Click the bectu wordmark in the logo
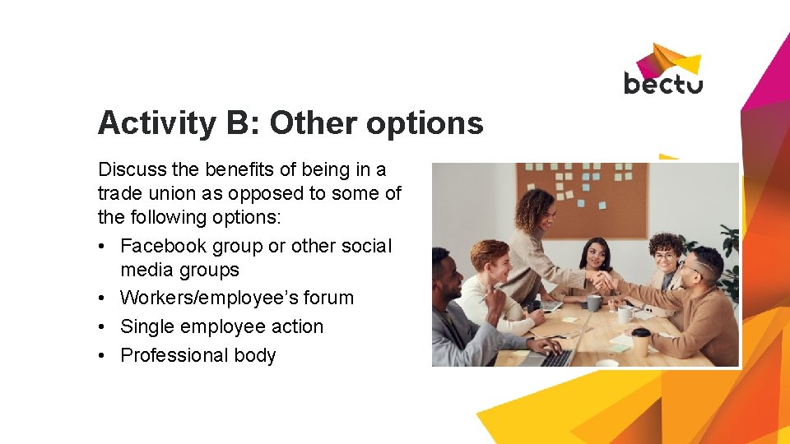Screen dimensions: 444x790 click(662, 83)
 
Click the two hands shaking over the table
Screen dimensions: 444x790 click(605, 282)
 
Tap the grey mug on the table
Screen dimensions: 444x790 click(593, 303)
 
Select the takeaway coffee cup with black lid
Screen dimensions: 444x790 click(640, 341)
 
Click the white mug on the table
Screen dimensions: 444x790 click(625, 314)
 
